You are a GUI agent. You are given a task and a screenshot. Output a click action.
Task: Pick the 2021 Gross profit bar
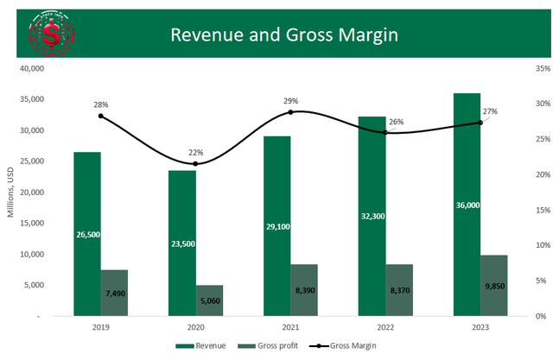click(x=304, y=290)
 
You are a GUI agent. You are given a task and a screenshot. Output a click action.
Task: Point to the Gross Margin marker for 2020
click(x=195, y=164)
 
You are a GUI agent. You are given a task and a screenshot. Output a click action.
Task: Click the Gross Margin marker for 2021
click(x=290, y=112)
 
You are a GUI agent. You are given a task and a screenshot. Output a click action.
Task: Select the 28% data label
click(x=101, y=104)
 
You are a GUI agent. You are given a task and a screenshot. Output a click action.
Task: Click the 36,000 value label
click(x=467, y=205)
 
